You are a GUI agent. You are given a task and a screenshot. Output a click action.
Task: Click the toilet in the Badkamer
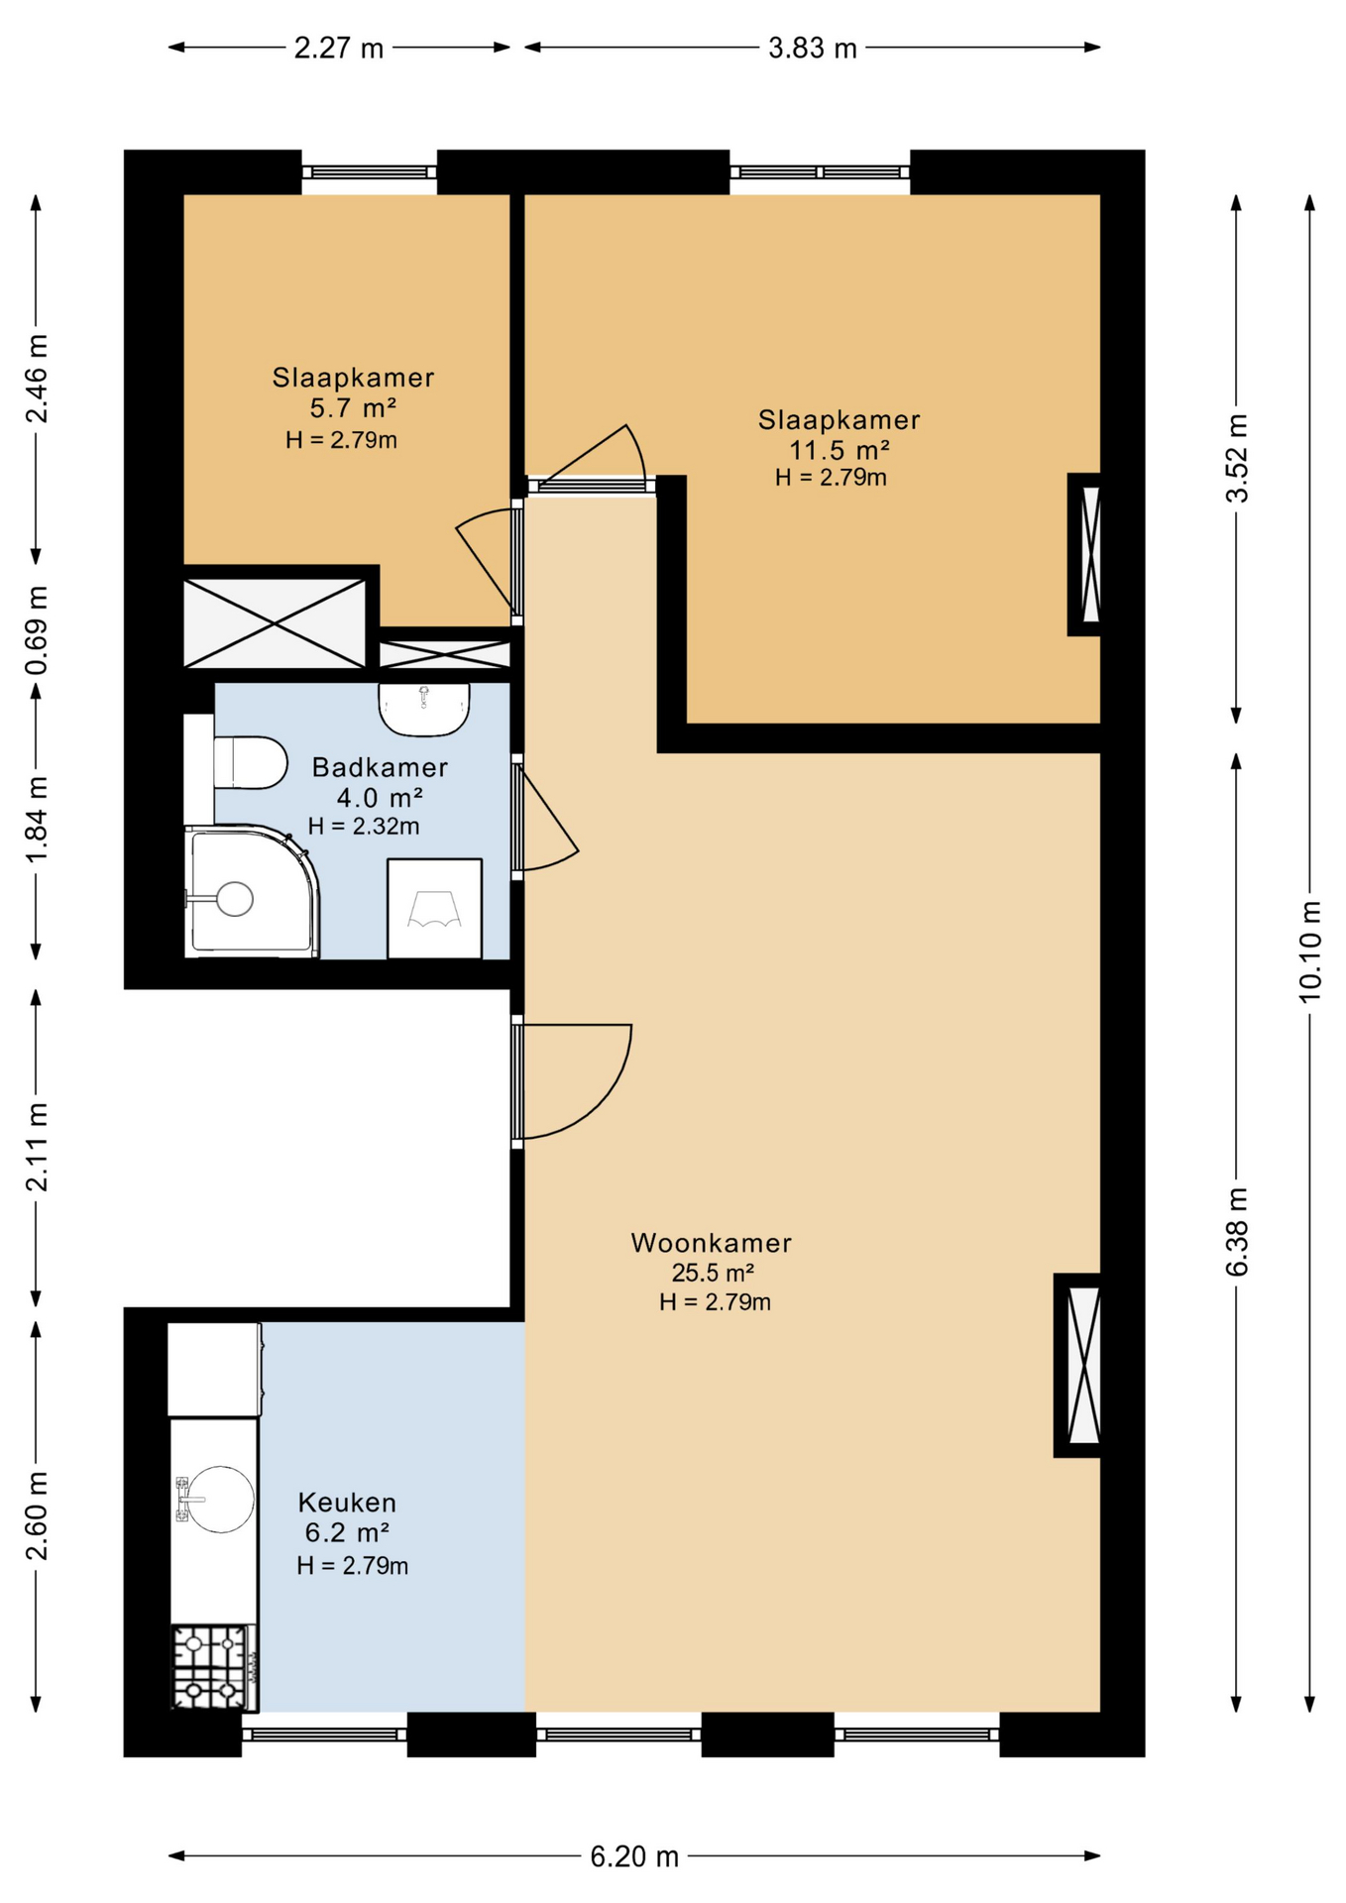point(249,762)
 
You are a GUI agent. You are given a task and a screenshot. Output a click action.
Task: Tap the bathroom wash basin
point(424,710)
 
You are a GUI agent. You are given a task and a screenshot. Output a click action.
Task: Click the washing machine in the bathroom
point(434,909)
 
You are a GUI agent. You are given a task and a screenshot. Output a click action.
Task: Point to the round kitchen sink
point(220,1499)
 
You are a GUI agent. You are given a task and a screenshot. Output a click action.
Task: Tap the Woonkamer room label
point(712,1243)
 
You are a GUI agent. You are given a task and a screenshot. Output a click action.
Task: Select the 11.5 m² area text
point(840,451)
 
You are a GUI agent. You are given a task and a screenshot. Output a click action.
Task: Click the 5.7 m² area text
point(354,408)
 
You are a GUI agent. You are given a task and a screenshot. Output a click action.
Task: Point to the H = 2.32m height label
point(364,826)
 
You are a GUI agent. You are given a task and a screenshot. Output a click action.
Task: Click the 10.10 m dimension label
point(1310,951)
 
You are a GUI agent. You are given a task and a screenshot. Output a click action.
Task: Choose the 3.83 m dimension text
point(813,48)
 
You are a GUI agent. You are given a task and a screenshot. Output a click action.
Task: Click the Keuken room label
point(347,1503)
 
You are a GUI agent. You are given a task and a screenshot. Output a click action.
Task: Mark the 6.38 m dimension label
point(1237,1232)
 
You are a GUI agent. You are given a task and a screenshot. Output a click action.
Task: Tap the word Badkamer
point(380,767)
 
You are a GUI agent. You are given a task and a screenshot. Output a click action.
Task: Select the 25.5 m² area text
point(714,1273)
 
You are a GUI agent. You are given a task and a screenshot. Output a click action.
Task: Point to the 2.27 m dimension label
point(339,48)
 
